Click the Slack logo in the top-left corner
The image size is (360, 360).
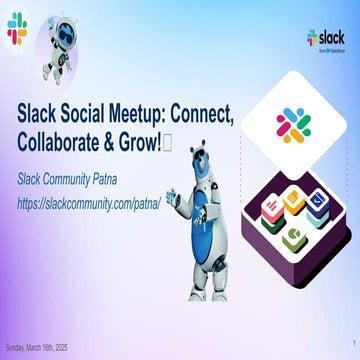coord(16,30)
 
